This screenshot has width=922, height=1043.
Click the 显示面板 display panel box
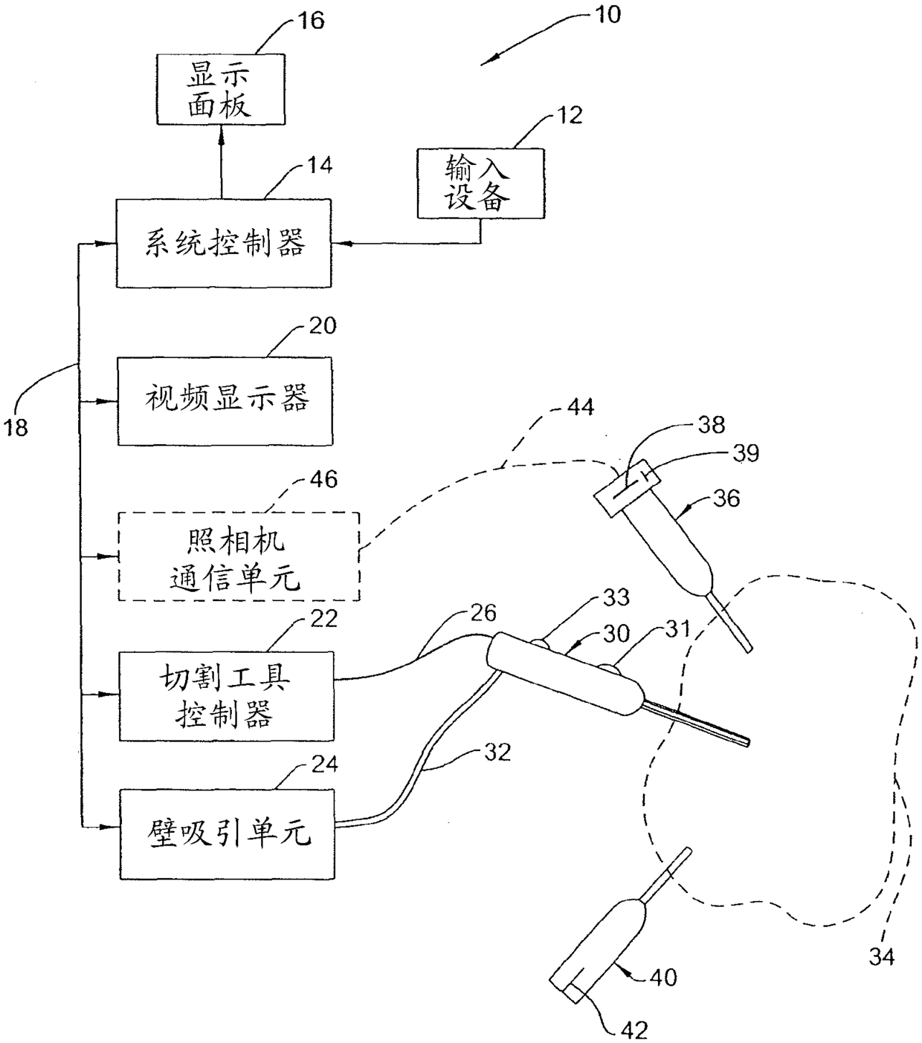[x=221, y=89]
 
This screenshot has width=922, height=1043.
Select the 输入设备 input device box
[x=481, y=183]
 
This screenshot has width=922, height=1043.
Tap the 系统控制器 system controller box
[x=224, y=243]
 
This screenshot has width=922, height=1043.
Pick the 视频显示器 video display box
[x=225, y=401]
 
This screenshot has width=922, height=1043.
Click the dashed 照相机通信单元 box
[x=239, y=556]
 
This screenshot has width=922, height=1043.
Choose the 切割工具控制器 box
[x=226, y=696]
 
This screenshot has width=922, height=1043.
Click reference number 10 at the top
[x=608, y=14]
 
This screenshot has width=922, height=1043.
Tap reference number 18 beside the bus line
[x=16, y=428]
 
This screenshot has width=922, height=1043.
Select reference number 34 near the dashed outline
[x=882, y=957]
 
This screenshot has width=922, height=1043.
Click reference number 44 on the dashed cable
[x=580, y=406]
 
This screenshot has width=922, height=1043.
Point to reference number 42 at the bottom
[x=634, y=1030]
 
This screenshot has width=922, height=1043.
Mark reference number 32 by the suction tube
[x=497, y=752]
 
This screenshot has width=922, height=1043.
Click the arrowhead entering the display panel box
[x=221, y=134]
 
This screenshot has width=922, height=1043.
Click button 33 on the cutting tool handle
[x=538, y=643]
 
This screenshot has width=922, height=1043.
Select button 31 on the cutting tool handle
[x=608, y=668]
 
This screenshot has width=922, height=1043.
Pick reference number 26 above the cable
[x=483, y=613]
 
